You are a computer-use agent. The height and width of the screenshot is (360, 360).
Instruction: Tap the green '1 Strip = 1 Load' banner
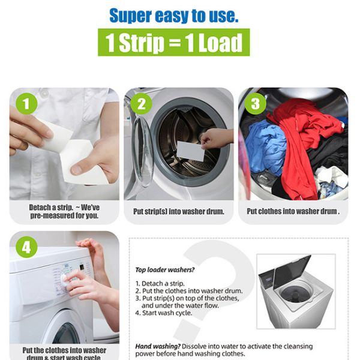(x=174, y=43)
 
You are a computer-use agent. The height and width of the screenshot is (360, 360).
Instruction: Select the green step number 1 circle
(x=26, y=103)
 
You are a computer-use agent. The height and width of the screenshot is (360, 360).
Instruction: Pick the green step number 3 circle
(x=254, y=103)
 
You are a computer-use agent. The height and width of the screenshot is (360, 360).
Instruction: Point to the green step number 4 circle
(x=26, y=247)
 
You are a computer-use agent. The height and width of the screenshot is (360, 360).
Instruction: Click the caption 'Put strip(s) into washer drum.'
(x=178, y=212)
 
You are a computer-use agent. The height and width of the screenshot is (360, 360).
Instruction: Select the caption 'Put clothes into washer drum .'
(x=293, y=212)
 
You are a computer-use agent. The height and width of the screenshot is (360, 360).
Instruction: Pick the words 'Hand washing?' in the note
(x=154, y=346)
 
